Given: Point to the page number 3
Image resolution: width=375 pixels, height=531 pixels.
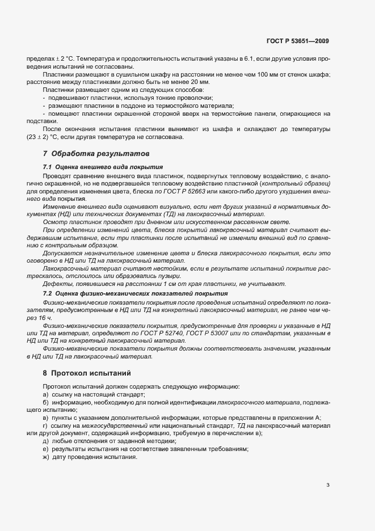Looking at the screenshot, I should pyautogui.click(x=328, y=484).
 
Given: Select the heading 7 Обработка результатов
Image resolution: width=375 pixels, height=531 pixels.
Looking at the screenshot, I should pyautogui.click(x=88, y=154).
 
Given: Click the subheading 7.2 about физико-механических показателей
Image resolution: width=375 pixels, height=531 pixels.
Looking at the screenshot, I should pyautogui.click(x=136, y=293).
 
